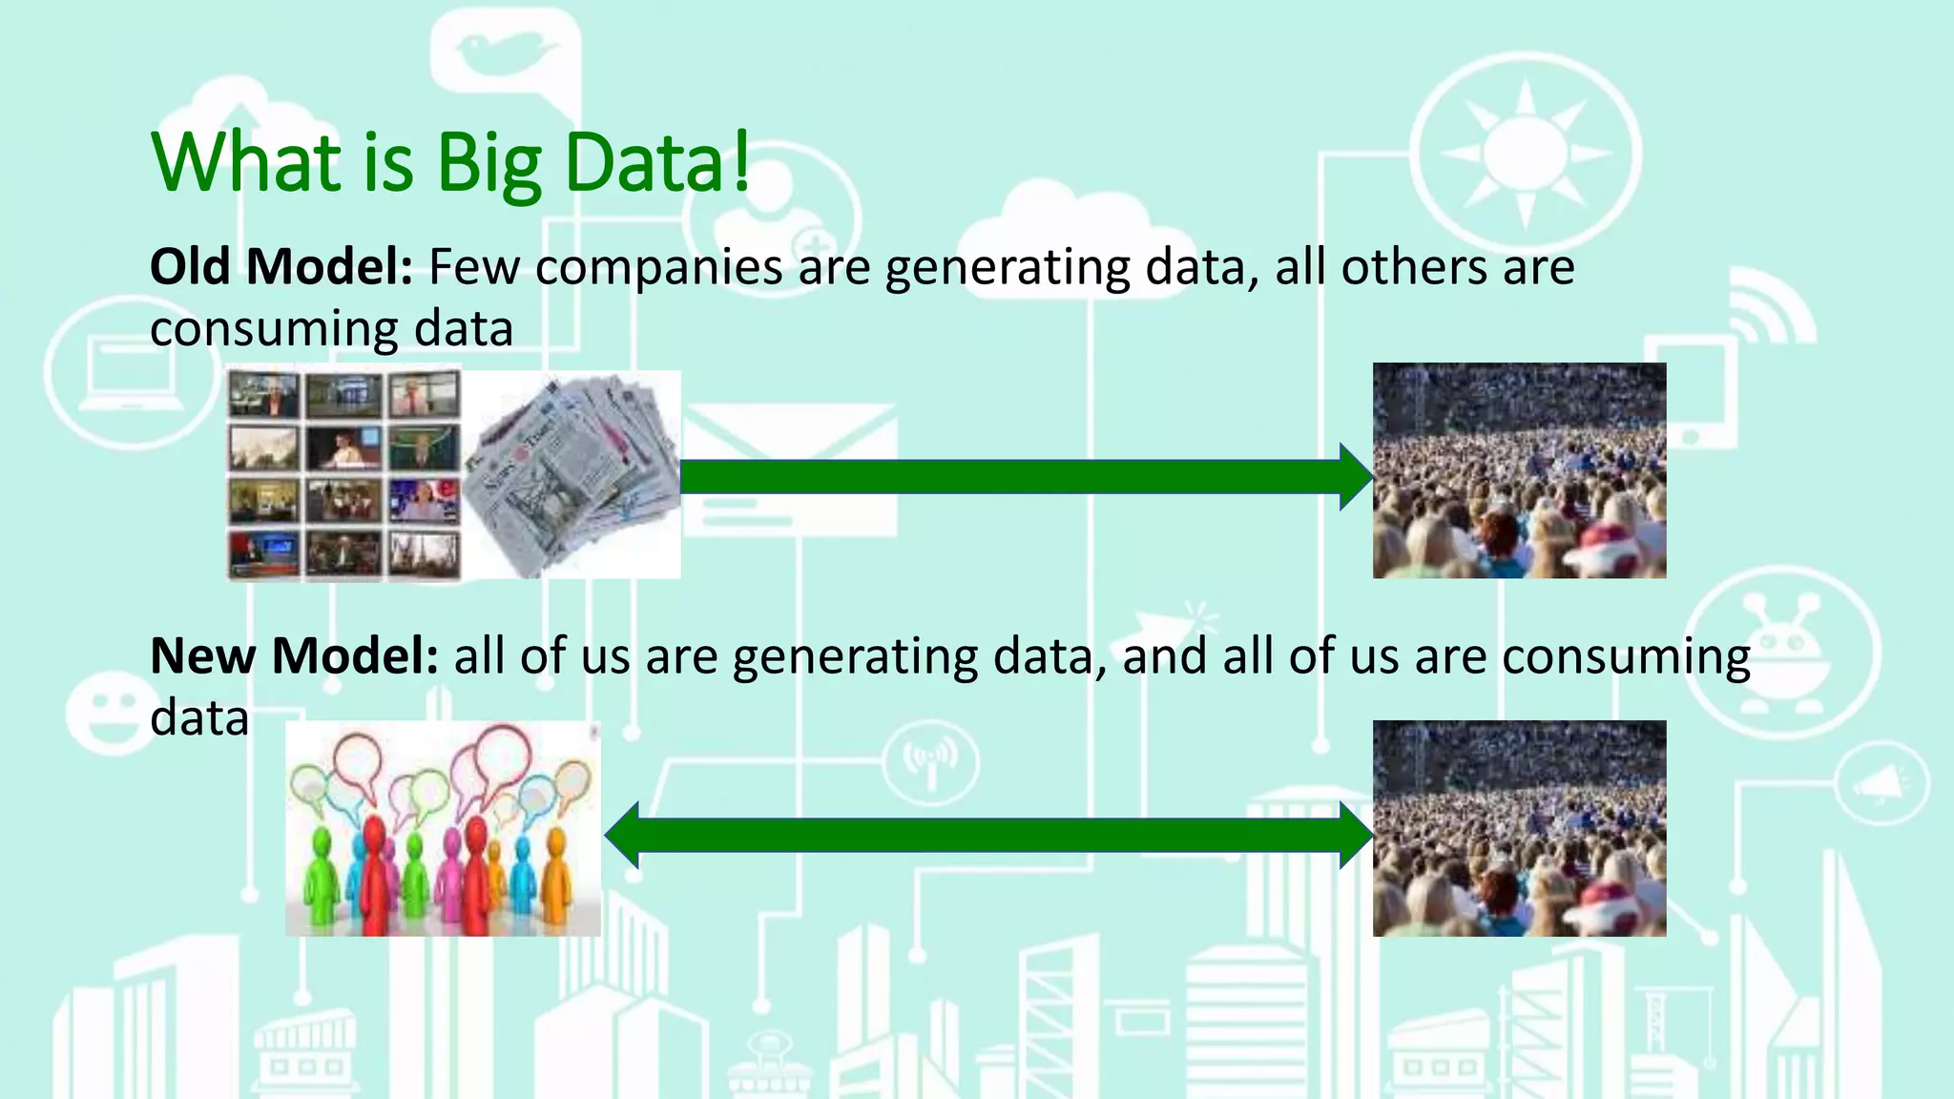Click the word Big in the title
489,164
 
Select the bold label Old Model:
281,266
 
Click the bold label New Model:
294,656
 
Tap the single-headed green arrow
1026,476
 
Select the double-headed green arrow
989,835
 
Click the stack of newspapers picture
572,474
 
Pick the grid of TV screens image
343,475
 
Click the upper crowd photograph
1519,470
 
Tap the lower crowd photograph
1519,828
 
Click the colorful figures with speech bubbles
443,828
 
